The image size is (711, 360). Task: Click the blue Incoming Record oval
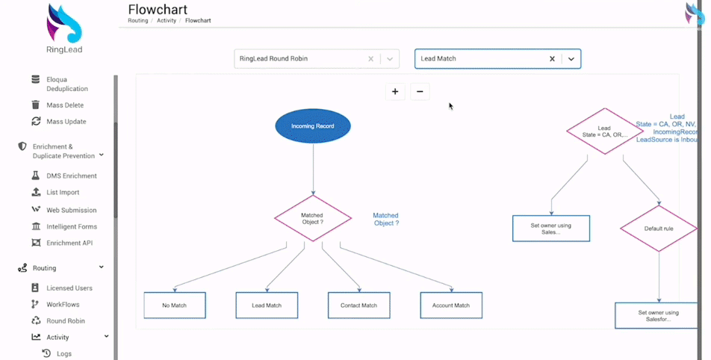pyautogui.click(x=313, y=126)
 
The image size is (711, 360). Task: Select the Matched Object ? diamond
pyautogui.click(x=313, y=218)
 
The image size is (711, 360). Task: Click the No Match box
pyautogui.click(x=175, y=305)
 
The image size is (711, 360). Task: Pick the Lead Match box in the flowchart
pyautogui.click(x=267, y=305)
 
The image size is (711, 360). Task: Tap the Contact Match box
pyautogui.click(x=358, y=305)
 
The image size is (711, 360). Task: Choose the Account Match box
pyautogui.click(x=451, y=305)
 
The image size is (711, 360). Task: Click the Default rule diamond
pyautogui.click(x=658, y=229)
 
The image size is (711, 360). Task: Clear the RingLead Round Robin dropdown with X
pyautogui.click(x=371, y=59)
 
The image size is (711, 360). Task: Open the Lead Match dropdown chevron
pyautogui.click(x=571, y=59)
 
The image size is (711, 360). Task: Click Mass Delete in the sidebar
pyautogui.click(x=65, y=105)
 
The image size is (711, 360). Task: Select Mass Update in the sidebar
pyautogui.click(x=66, y=122)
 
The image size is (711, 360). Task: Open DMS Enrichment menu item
pyautogui.click(x=71, y=176)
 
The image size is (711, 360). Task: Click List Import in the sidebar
pyautogui.click(x=63, y=193)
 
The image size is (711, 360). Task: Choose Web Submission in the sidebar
pyautogui.click(x=71, y=211)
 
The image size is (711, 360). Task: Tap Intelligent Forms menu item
pyautogui.click(x=72, y=227)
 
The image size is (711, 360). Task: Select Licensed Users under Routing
pyautogui.click(x=69, y=288)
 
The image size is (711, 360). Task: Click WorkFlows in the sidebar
pyautogui.click(x=63, y=305)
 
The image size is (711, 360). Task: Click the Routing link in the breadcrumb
pyautogui.click(x=137, y=21)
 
